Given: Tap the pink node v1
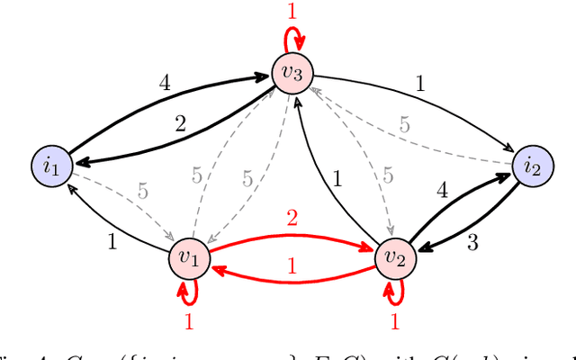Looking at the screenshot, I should (x=190, y=259).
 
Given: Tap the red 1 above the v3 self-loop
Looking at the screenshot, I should (x=291, y=12).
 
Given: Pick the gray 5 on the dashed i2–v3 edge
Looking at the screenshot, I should (x=404, y=125).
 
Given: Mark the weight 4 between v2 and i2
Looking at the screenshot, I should (x=441, y=191).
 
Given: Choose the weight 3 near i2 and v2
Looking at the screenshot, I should (x=472, y=241).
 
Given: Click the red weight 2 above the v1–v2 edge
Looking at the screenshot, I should (x=291, y=219).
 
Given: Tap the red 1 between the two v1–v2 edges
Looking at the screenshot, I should (x=291, y=266).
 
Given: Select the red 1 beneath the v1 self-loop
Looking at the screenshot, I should (x=188, y=320).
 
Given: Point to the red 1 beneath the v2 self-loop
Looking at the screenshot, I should (x=393, y=320).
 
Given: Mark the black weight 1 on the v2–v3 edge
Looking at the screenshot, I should (x=337, y=179).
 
